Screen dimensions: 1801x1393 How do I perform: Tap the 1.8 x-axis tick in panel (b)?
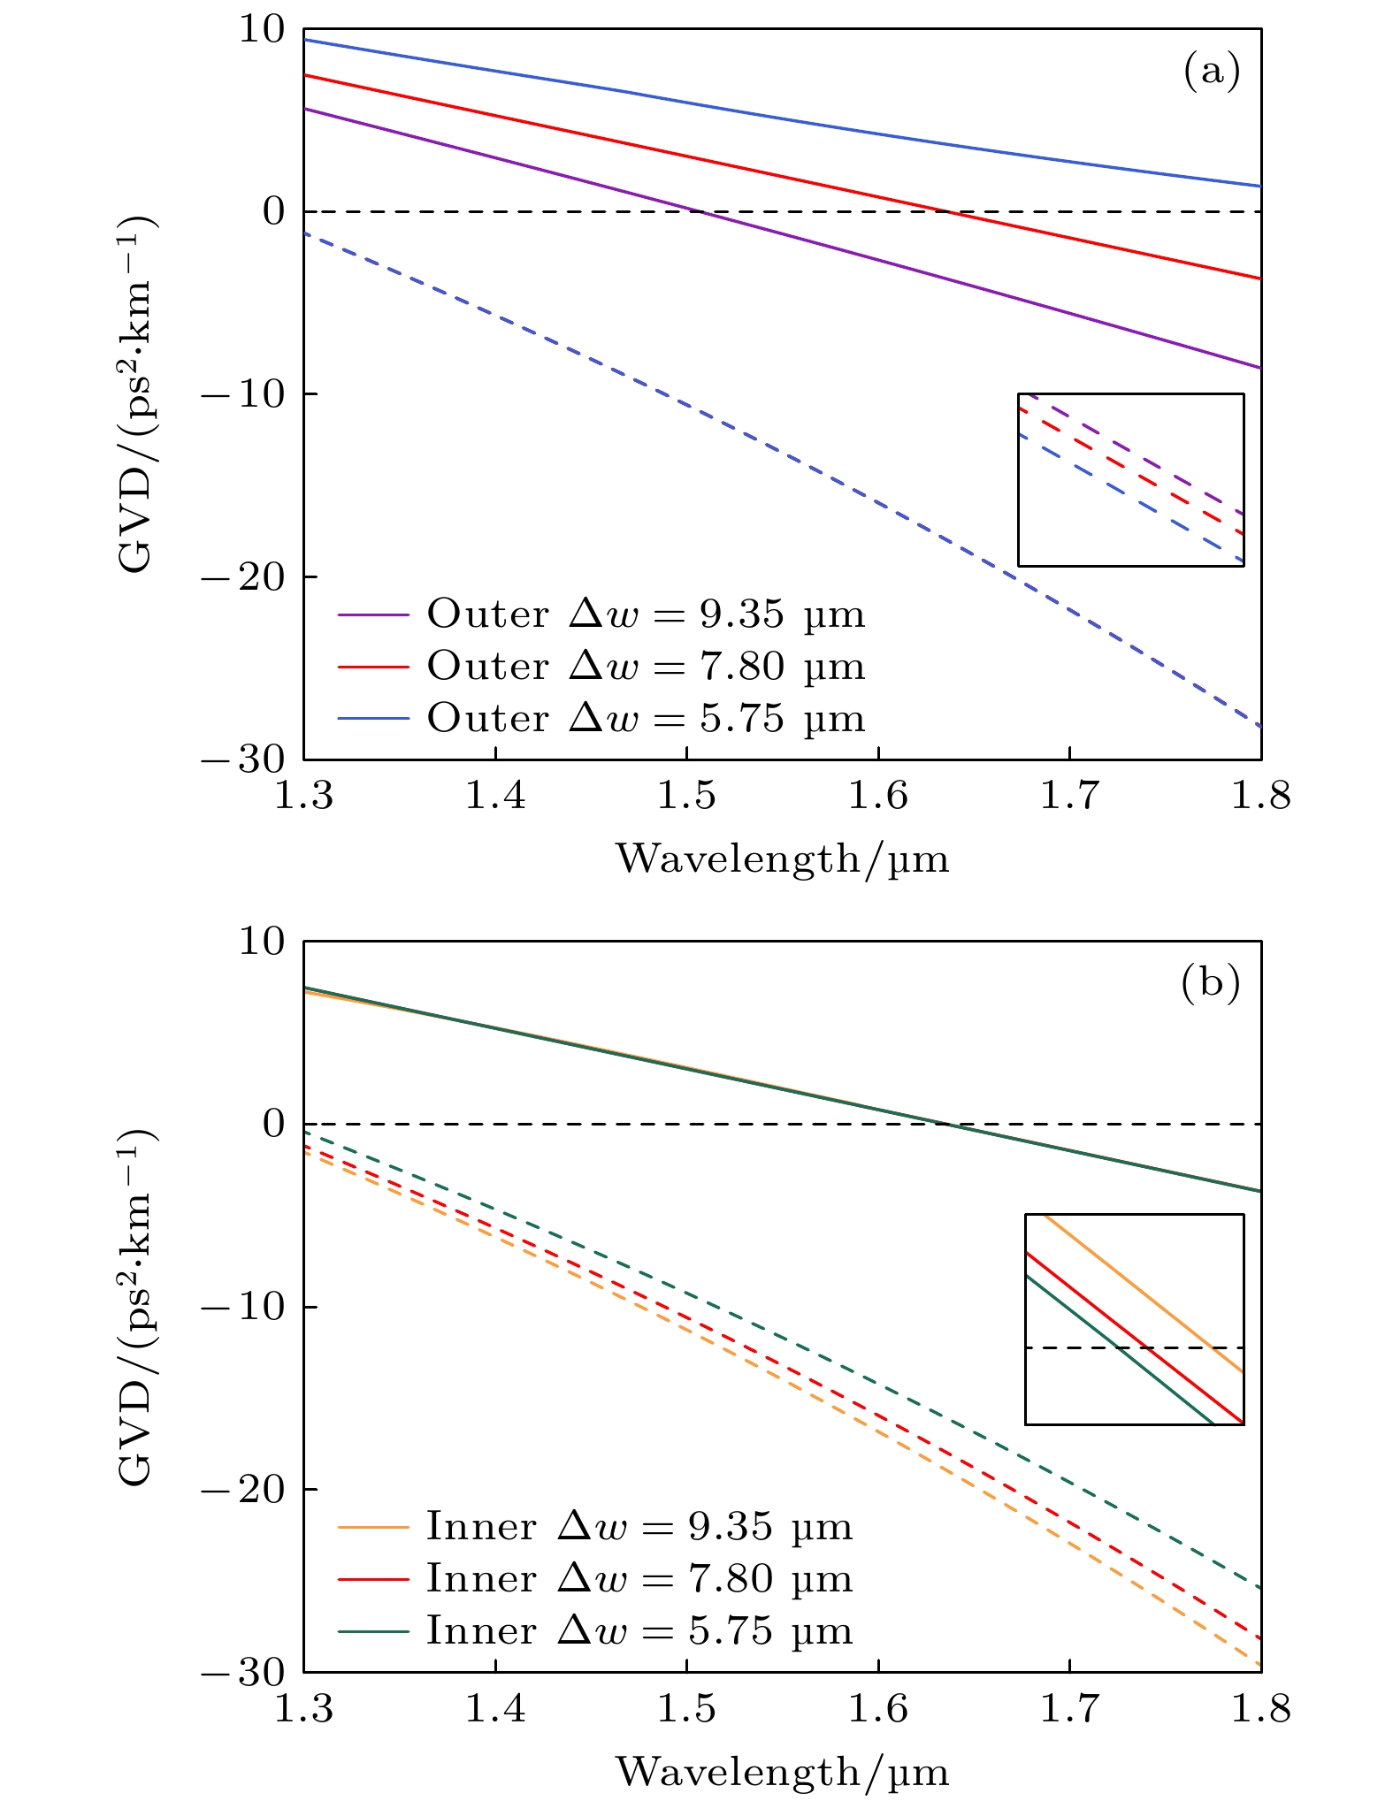tap(1260, 1709)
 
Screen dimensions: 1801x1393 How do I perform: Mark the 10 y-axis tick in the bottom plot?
tap(263, 942)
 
